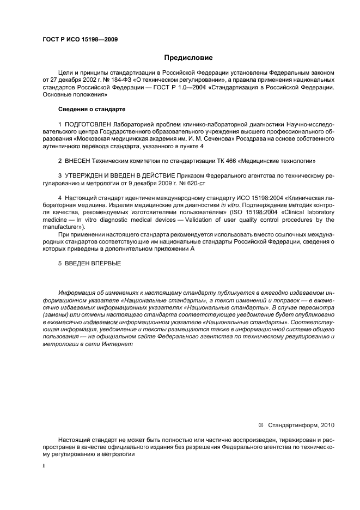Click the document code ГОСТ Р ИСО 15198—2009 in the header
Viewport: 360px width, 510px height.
point(80,40)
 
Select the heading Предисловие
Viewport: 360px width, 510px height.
point(188,58)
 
